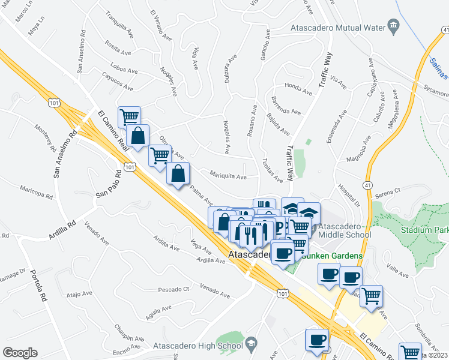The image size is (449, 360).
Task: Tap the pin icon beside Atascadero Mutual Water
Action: click(394, 25)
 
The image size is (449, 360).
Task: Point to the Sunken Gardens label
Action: click(332, 256)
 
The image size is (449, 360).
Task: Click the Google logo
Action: click(20, 352)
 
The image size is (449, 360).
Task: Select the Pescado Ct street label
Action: click(174, 289)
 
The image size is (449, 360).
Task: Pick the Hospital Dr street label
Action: click(348, 195)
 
